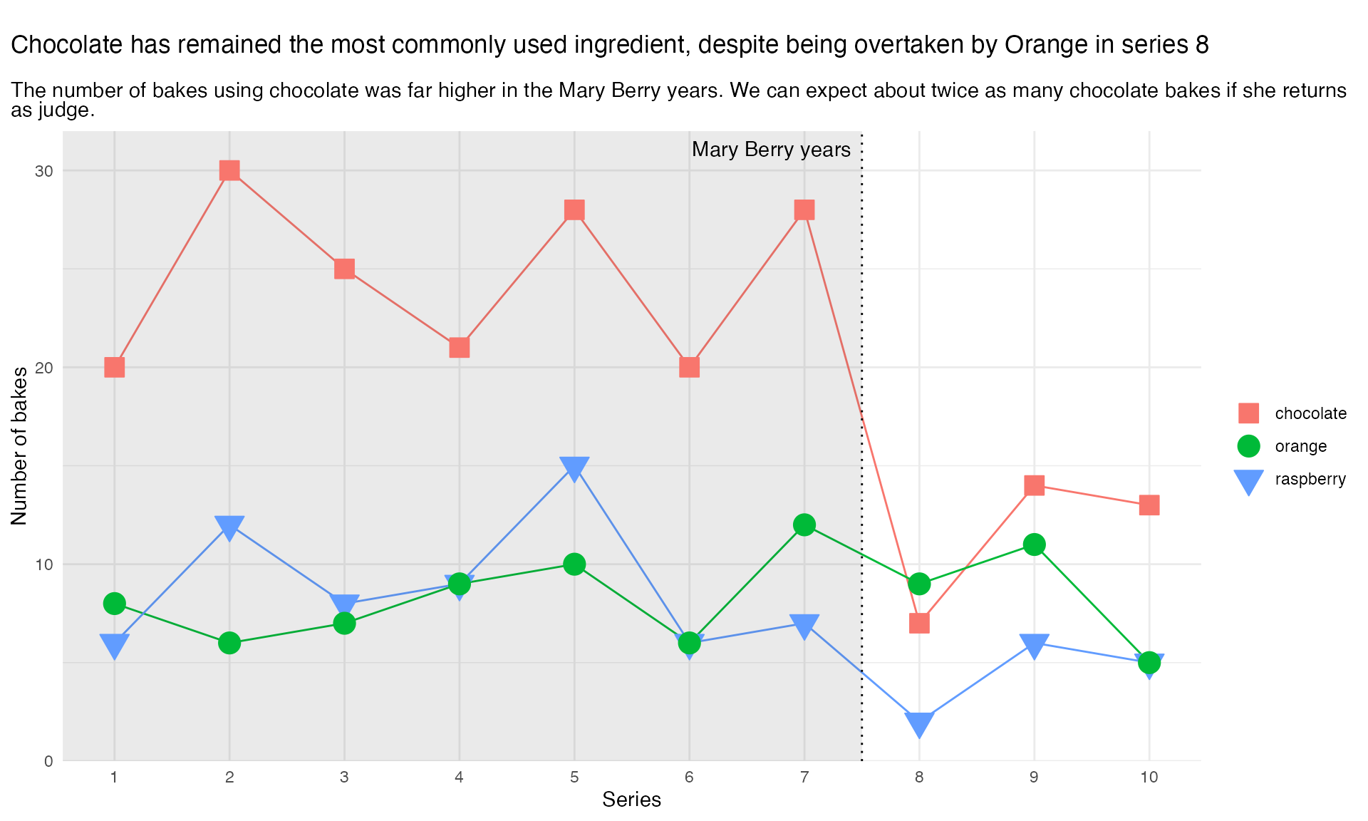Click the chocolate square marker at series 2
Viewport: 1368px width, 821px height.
229,170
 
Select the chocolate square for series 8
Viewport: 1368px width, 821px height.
919,624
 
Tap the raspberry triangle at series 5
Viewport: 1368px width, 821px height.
574,468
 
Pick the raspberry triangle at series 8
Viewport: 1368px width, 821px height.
919,723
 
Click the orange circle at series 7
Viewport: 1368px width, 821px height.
804,525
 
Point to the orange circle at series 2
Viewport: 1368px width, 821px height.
229,643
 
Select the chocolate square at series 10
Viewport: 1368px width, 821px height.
1149,505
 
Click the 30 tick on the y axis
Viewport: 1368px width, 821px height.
45,171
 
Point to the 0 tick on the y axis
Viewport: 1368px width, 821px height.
48,761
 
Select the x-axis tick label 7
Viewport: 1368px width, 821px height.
804,778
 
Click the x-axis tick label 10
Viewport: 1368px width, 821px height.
1149,778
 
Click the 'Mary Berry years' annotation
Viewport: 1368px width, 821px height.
771,150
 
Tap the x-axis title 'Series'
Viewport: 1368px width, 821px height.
631,800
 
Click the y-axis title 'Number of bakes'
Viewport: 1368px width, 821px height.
19,446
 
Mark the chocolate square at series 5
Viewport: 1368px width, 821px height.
574,210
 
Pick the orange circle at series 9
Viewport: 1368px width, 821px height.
1034,544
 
